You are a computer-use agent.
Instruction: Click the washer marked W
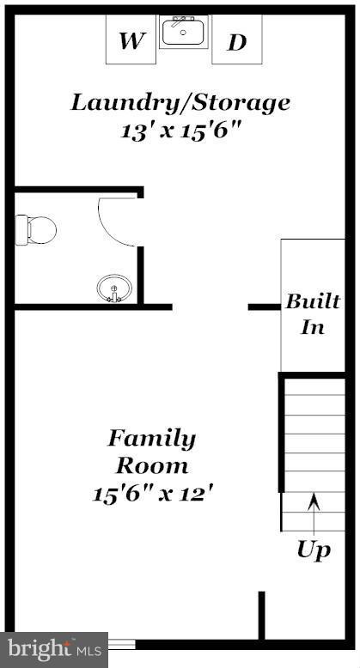(131, 39)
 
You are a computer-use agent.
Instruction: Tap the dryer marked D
(236, 39)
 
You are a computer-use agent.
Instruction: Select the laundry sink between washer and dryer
(183, 33)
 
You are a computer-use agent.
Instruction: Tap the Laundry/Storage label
(180, 103)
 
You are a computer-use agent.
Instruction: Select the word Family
(151, 439)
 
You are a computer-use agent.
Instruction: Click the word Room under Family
(151, 466)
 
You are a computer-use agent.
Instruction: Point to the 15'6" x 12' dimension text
(151, 494)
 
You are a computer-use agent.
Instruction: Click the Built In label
(312, 314)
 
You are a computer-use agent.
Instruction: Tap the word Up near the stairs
(314, 550)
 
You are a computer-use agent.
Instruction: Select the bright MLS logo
(53, 648)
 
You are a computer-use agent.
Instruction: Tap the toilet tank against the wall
(21, 229)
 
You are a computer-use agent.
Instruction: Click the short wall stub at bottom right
(261, 614)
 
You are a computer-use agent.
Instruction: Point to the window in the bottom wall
(121, 642)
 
